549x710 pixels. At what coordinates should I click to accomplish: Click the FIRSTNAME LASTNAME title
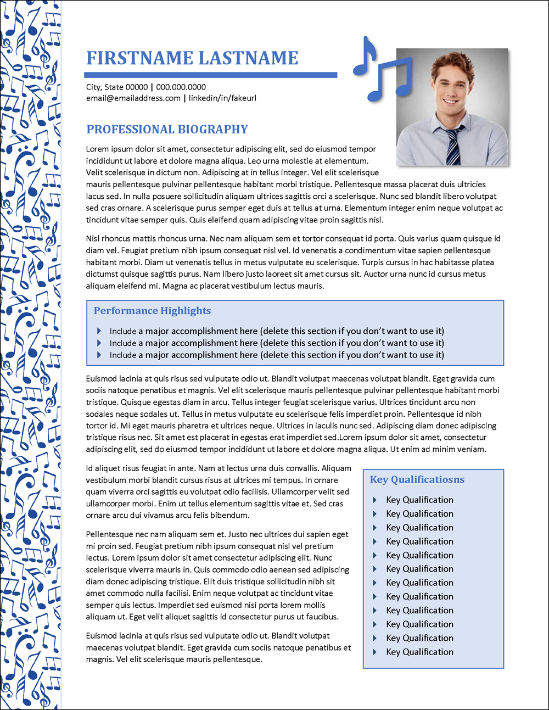[192, 58]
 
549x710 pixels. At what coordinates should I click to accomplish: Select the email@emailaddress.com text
[133, 98]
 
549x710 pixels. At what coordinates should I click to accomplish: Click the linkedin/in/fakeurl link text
[222, 98]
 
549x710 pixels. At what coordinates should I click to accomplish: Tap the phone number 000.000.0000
[181, 87]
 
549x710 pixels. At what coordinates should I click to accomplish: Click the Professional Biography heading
[167, 130]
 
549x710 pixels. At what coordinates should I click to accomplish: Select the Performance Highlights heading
[152, 311]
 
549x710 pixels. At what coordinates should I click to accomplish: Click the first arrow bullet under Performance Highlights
[99, 331]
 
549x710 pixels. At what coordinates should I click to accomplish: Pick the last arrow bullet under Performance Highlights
[99, 355]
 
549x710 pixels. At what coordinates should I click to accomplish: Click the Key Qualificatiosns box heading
[417, 479]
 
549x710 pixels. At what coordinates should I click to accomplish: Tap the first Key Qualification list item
[419, 500]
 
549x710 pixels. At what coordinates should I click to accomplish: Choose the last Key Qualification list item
[419, 652]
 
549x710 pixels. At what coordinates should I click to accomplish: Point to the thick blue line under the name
[210, 75]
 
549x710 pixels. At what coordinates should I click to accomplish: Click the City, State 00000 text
[117, 87]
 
